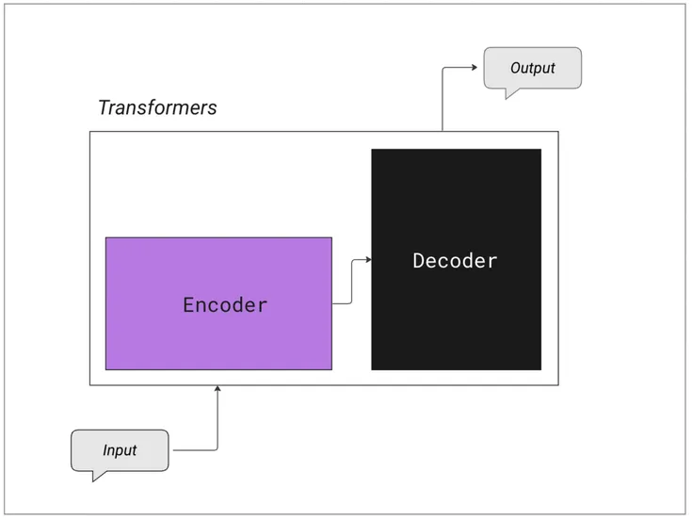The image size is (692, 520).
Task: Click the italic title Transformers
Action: coord(157,107)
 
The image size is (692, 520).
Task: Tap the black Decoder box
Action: coord(456,320)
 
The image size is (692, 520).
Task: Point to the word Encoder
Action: coord(225,305)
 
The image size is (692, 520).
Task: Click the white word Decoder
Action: coord(455,261)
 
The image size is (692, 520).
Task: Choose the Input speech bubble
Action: coord(120,450)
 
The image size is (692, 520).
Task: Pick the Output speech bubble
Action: coord(532,68)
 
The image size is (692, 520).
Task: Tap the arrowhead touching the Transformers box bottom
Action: coord(217,389)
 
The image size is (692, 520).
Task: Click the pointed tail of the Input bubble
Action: coord(95,477)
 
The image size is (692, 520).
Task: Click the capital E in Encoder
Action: coord(188,305)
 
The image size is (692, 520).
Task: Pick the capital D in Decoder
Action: coord(418,261)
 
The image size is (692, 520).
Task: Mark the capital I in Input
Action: coord(105,450)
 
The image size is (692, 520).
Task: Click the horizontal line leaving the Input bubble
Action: coord(195,450)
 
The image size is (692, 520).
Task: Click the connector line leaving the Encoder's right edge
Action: coord(342,303)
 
